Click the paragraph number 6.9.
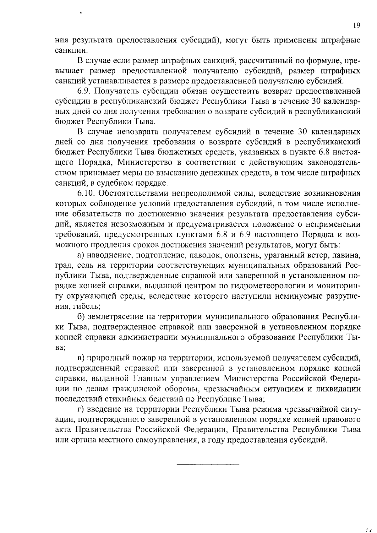tap(84, 91)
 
